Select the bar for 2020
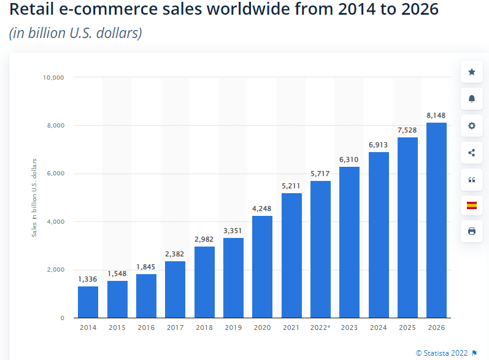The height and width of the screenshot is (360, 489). [x=262, y=267]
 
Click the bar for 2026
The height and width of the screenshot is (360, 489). [x=436, y=220]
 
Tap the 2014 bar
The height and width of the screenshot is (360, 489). [x=88, y=302]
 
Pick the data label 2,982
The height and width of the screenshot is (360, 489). [x=204, y=237]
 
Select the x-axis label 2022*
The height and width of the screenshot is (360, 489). [x=320, y=327]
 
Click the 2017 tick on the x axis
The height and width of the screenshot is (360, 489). [x=175, y=327]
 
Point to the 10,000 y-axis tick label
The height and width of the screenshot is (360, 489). [x=53, y=77]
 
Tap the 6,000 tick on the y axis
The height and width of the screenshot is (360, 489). [x=56, y=174]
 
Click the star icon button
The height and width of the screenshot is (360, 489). [x=471, y=72]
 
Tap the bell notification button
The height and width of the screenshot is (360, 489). [x=471, y=99]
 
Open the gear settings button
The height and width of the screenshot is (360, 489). [x=471, y=126]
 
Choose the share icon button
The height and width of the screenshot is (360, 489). [x=471, y=152]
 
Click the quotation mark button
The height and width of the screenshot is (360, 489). [x=471, y=179]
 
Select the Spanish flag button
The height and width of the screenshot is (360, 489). [x=471, y=205]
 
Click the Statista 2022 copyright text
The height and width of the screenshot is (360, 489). [x=442, y=353]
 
